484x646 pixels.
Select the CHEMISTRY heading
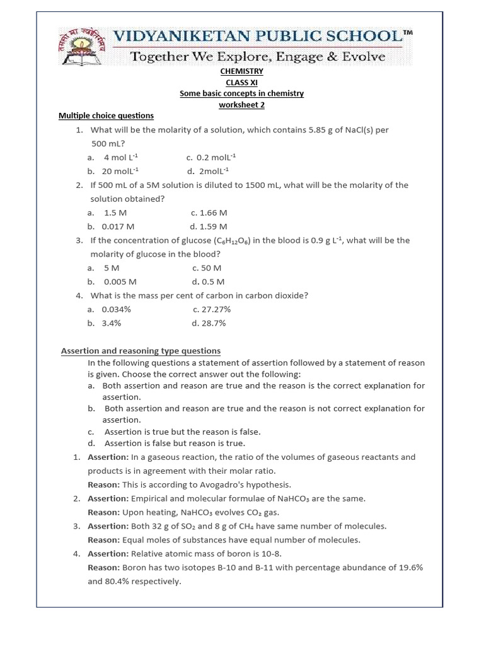tap(242, 71)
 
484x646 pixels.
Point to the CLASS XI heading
tap(242, 83)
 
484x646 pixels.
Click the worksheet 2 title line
tap(242, 105)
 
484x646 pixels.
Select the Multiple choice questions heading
tap(106, 115)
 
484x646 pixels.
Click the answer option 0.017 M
tap(119, 226)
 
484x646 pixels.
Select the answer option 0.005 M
tap(120, 281)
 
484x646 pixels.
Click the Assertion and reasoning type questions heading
tap(141, 351)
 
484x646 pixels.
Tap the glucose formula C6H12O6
tap(233, 241)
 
